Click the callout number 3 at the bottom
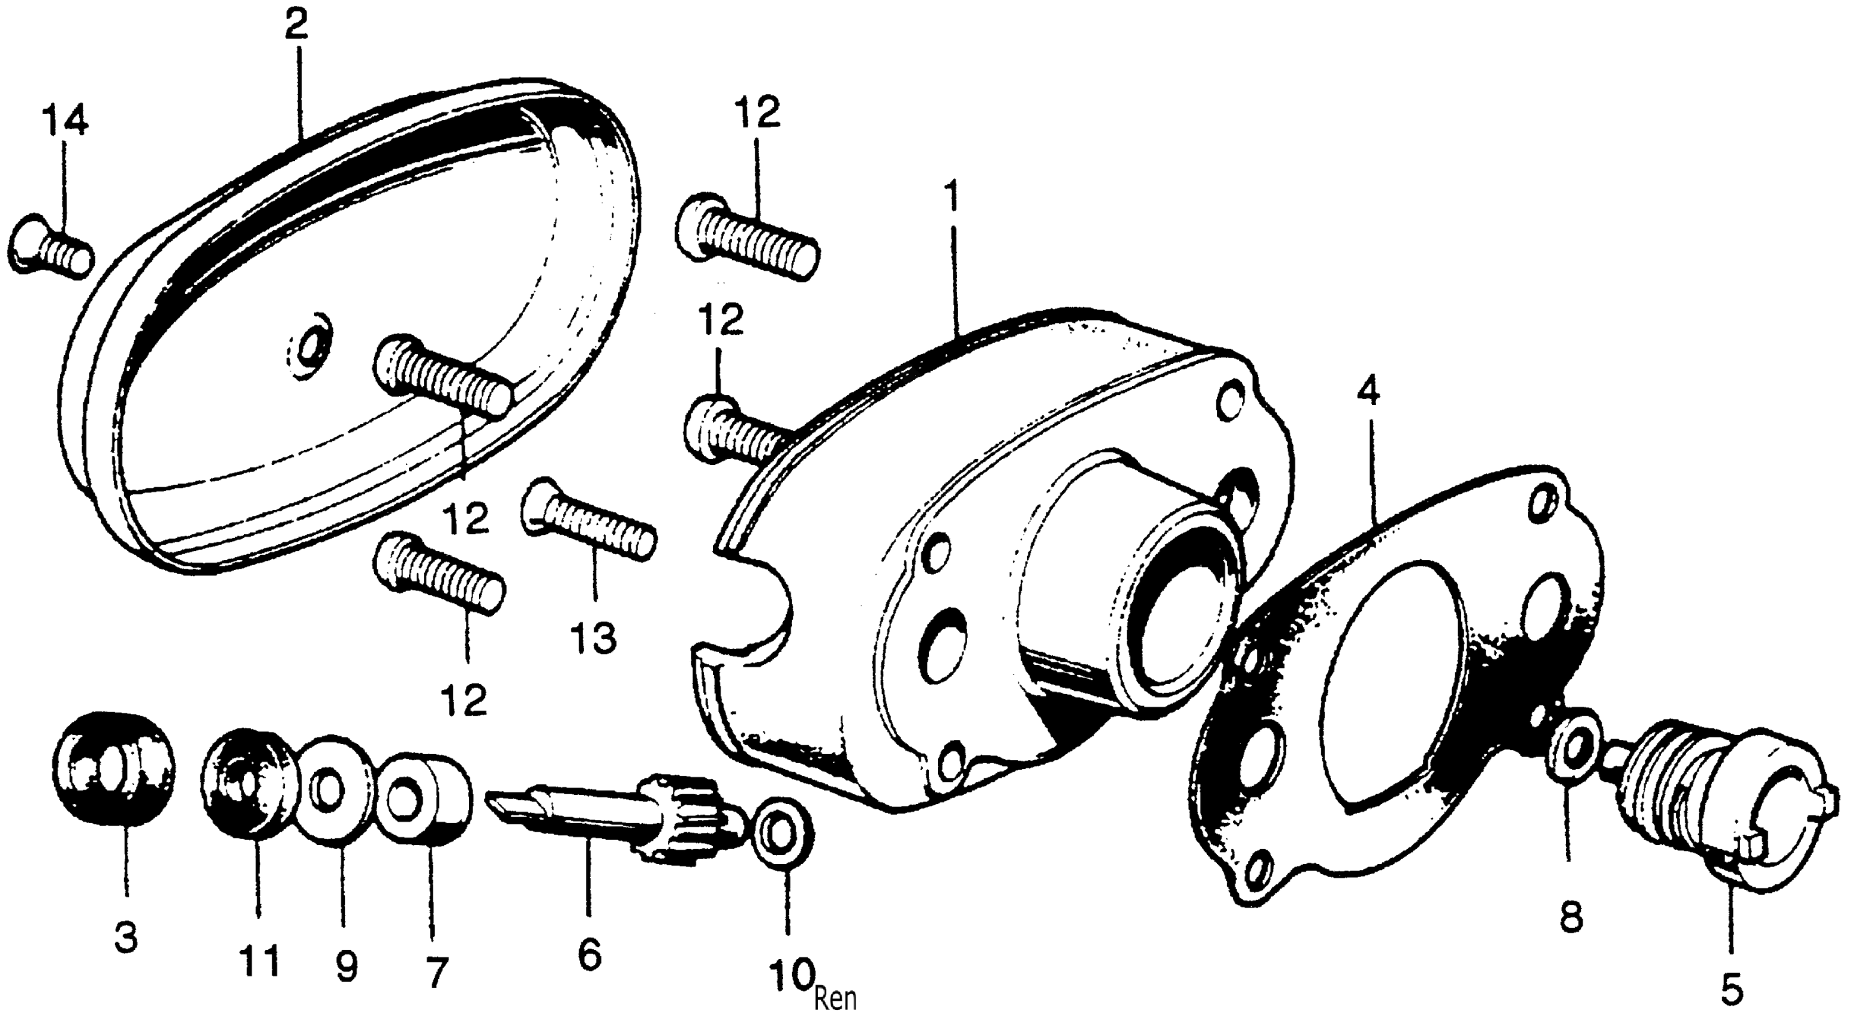click(126, 938)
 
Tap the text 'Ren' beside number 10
click(836, 998)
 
